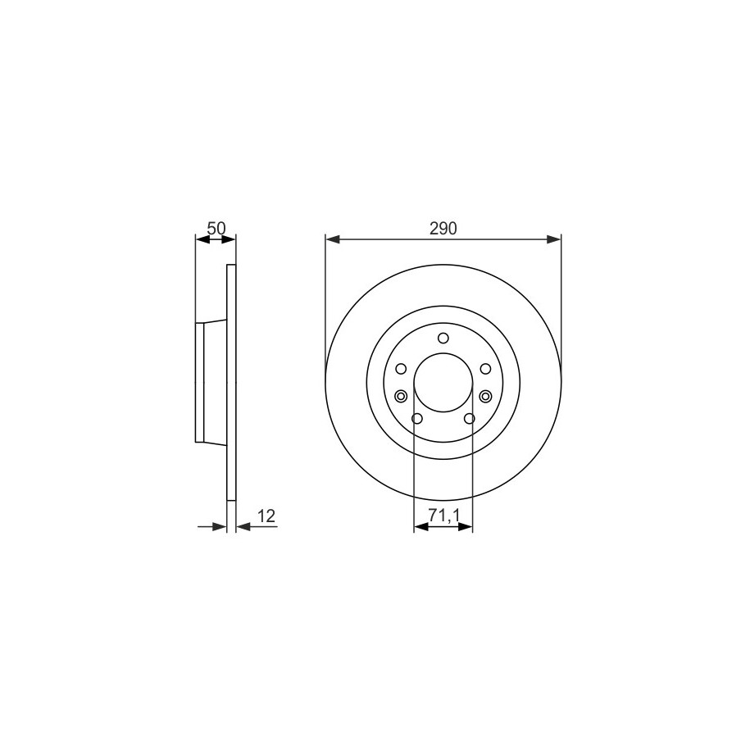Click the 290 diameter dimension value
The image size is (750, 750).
443,229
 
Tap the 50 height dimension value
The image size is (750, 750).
216,228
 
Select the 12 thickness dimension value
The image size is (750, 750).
267,516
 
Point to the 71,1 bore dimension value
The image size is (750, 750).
443,515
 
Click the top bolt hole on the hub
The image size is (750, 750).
443,339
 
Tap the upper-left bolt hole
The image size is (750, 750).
401,369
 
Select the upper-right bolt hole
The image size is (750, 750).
485,369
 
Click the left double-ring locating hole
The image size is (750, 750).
401,396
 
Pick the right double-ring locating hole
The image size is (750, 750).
486,396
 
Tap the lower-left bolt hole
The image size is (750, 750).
417,419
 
